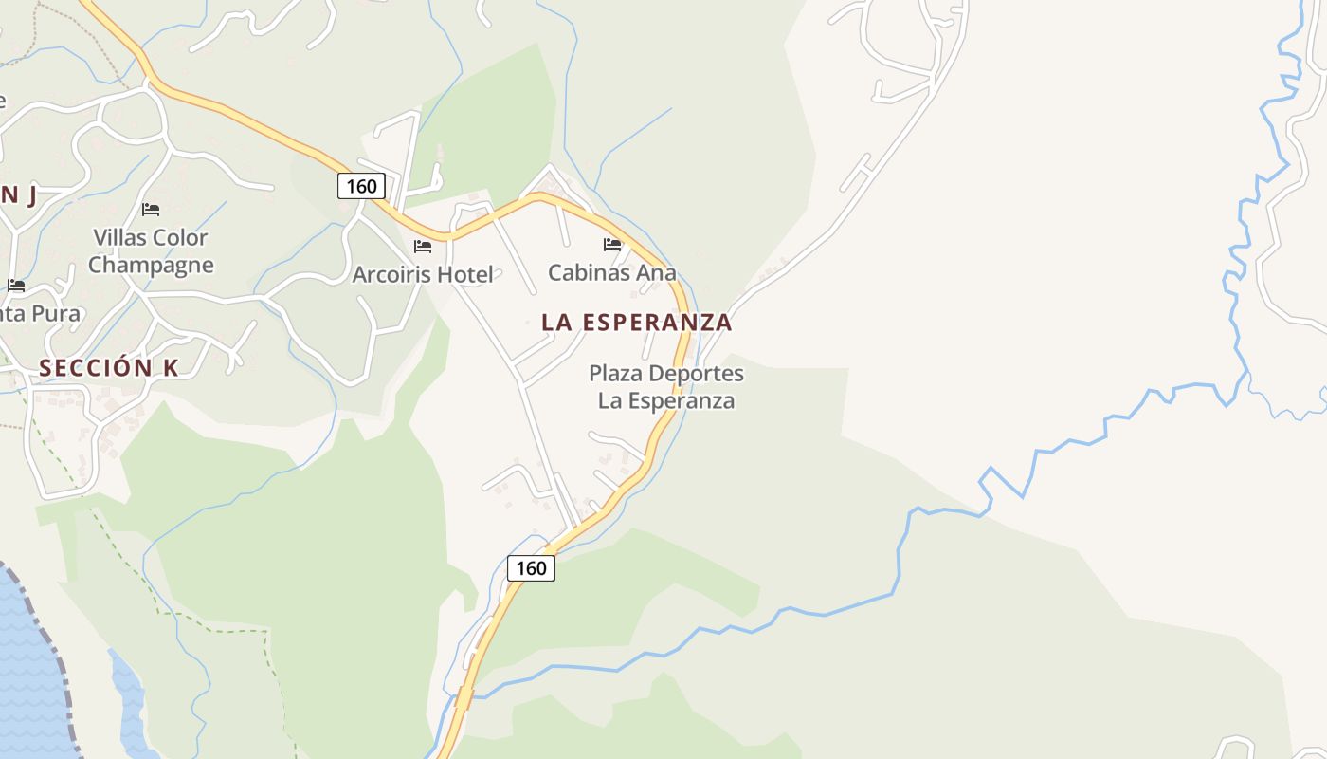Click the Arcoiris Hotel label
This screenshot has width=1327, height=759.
coord(423,275)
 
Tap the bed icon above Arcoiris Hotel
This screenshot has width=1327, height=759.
coord(423,247)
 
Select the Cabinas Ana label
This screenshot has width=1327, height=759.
coord(612,273)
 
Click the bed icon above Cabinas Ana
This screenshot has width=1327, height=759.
coord(612,245)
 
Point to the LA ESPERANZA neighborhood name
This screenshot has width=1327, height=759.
coord(637,323)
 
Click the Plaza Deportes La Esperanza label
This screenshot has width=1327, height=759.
coord(666,387)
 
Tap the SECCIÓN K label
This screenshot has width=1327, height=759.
coord(109,368)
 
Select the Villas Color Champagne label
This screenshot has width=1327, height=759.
coord(151,251)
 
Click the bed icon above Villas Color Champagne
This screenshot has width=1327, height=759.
coord(151,210)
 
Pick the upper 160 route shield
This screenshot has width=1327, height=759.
coord(361,186)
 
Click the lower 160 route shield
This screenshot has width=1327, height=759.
coord(532,567)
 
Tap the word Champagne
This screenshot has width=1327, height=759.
coord(151,266)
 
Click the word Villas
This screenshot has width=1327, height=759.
coord(119,237)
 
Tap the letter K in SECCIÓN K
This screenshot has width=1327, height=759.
coord(171,368)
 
